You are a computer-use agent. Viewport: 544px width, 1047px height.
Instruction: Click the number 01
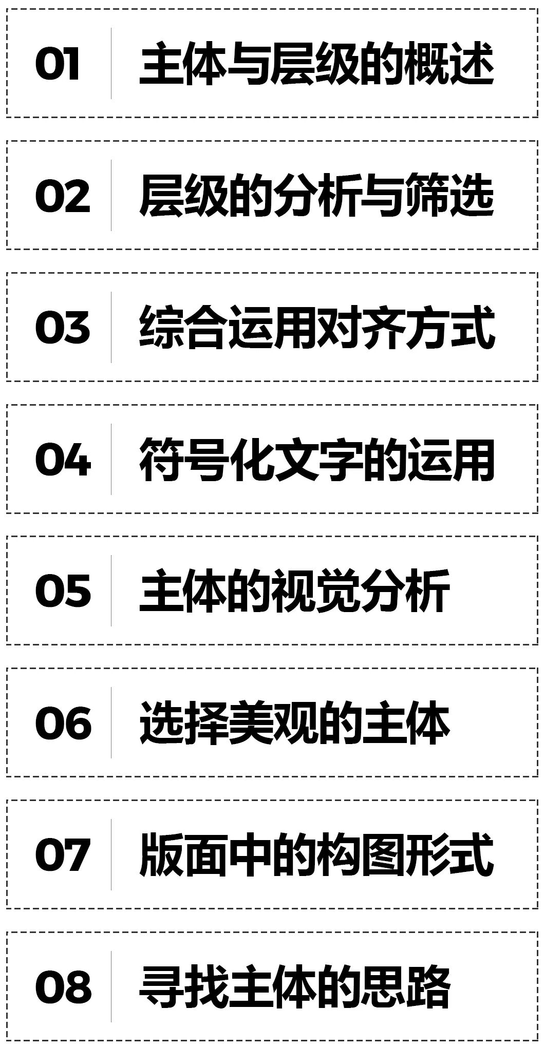click(x=58, y=64)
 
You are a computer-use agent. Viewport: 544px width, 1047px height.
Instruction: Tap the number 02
click(x=62, y=196)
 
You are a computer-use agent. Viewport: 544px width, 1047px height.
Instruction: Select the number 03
click(x=62, y=328)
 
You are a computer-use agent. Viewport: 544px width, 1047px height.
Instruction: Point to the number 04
click(x=63, y=459)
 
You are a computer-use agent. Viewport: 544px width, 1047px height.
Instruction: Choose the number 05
click(x=63, y=591)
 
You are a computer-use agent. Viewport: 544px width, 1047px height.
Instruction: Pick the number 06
click(x=63, y=722)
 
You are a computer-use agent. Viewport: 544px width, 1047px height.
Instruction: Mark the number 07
click(x=62, y=854)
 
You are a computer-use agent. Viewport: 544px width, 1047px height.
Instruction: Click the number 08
click(x=63, y=986)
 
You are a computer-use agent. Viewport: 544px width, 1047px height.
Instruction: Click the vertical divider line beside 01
click(x=111, y=64)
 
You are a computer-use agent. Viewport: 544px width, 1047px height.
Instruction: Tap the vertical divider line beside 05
click(x=111, y=591)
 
